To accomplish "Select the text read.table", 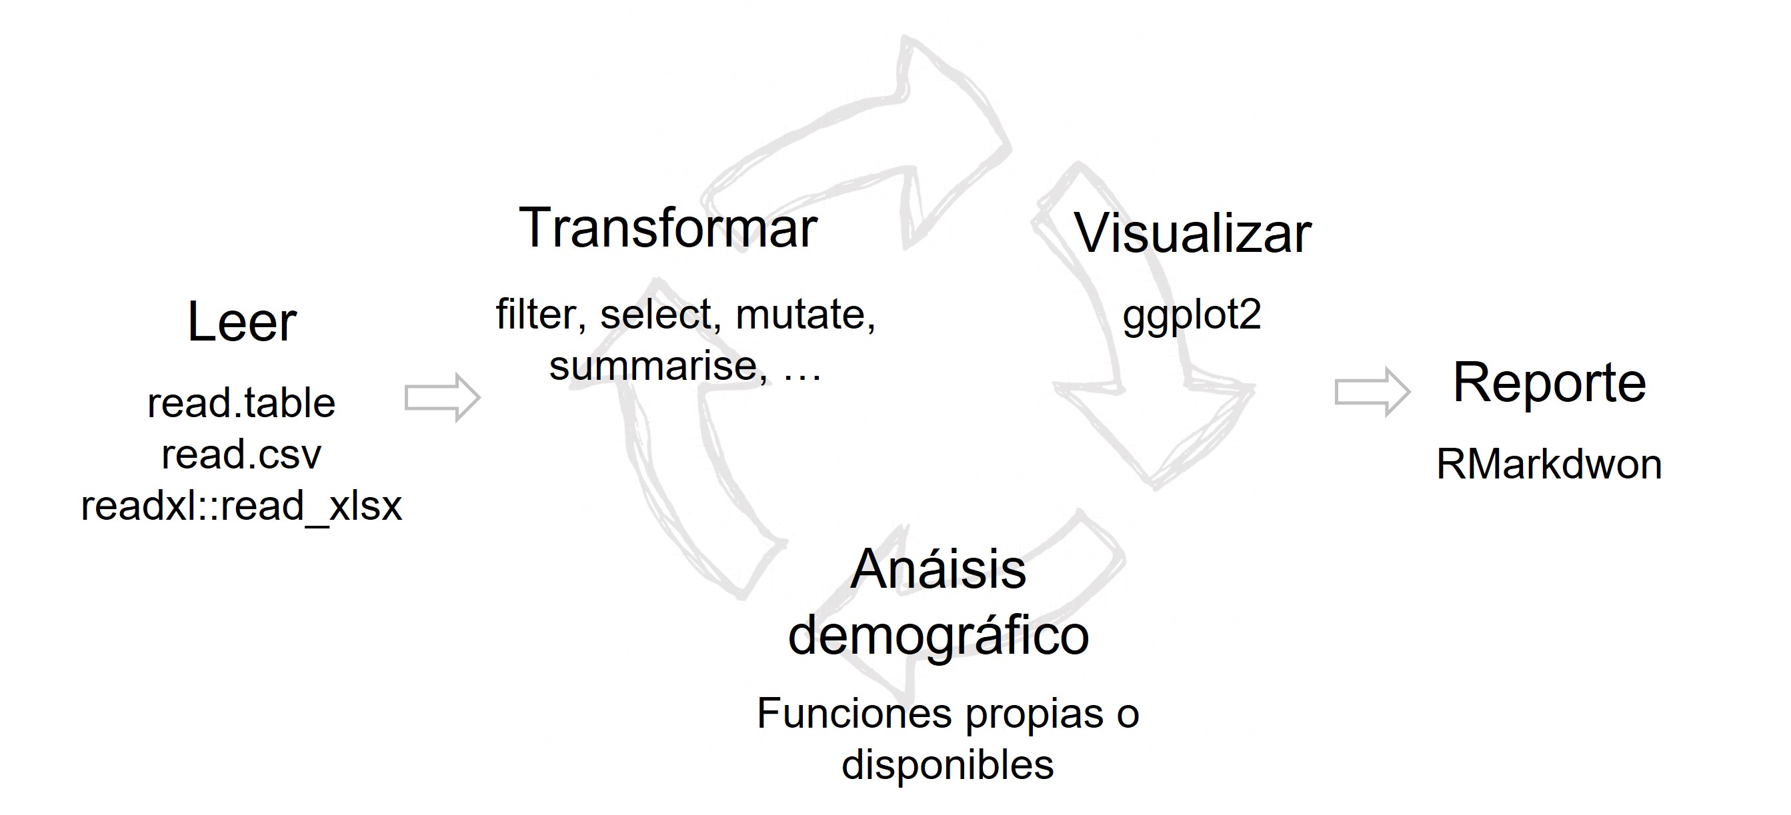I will [x=241, y=403].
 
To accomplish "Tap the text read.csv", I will [x=241, y=454].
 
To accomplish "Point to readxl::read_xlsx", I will [x=241, y=505].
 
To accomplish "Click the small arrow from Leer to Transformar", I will [x=443, y=397].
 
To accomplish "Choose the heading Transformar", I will [x=667, y=228].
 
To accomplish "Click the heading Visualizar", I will [x=1192, y=233].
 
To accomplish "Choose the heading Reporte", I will [x=1549, y=383].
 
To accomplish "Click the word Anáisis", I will [x=938, y=570].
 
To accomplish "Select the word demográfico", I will [x=938, y=636].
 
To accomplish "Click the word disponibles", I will [x=948, y=765].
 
